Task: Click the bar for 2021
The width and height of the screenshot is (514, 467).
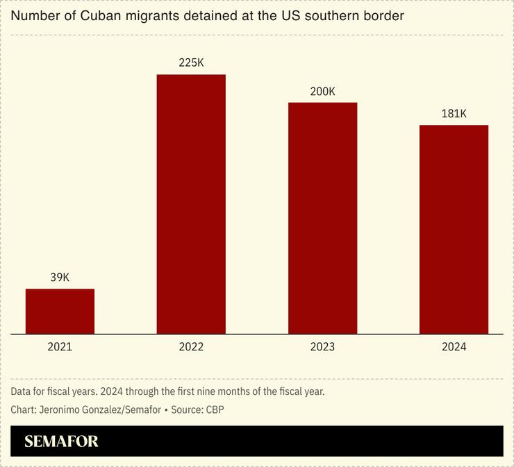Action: pos(60,311)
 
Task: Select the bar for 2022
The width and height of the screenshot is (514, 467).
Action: pos(191,204)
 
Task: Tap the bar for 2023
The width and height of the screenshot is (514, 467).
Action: pos(322,218)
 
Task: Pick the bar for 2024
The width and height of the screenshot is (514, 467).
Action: pos(454,229)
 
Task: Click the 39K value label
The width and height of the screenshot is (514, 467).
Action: pos(60,278)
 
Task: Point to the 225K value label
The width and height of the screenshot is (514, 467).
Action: pos(191,62)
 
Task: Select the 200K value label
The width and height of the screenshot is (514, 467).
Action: pos(322,91)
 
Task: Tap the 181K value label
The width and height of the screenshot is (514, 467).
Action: pos(454,114)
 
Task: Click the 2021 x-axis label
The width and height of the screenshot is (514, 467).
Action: pos(60,347)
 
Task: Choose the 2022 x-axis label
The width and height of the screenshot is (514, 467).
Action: pos(191,347)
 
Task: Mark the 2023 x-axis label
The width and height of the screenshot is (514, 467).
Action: pos(322,347)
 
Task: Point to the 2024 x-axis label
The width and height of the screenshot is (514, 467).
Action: pos(454,347)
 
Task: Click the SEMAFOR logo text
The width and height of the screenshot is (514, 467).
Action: pos(61,441)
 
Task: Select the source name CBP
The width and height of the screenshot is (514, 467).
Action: pos(215,409)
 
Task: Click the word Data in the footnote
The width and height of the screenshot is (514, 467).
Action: pos(22,391)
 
